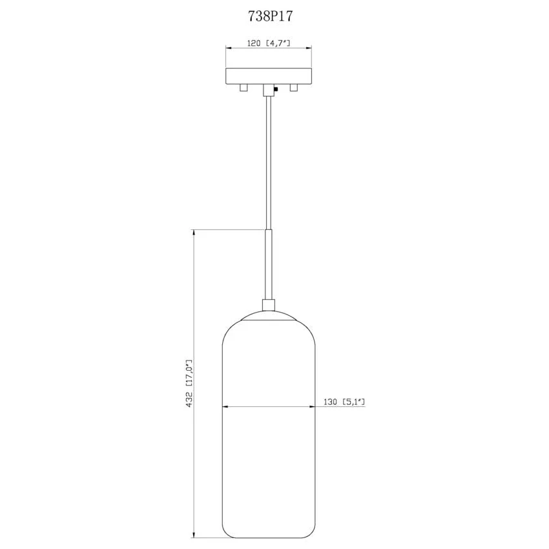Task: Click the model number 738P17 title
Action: click(x=270, y=16)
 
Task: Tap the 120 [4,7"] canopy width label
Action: click(x=269, y=43)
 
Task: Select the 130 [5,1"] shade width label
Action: click(x=344, y=402)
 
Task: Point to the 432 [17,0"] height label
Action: click(x=189, y=384)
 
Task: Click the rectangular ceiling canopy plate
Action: click(x=269, y=76)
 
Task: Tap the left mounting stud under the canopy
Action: click(x=243, y=88)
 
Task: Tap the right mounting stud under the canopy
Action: click(x=293, y=88)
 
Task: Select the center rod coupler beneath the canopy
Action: click(x=269, y=90)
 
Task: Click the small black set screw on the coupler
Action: click(x=276, y=89)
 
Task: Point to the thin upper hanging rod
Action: click(x=269, y=163)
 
